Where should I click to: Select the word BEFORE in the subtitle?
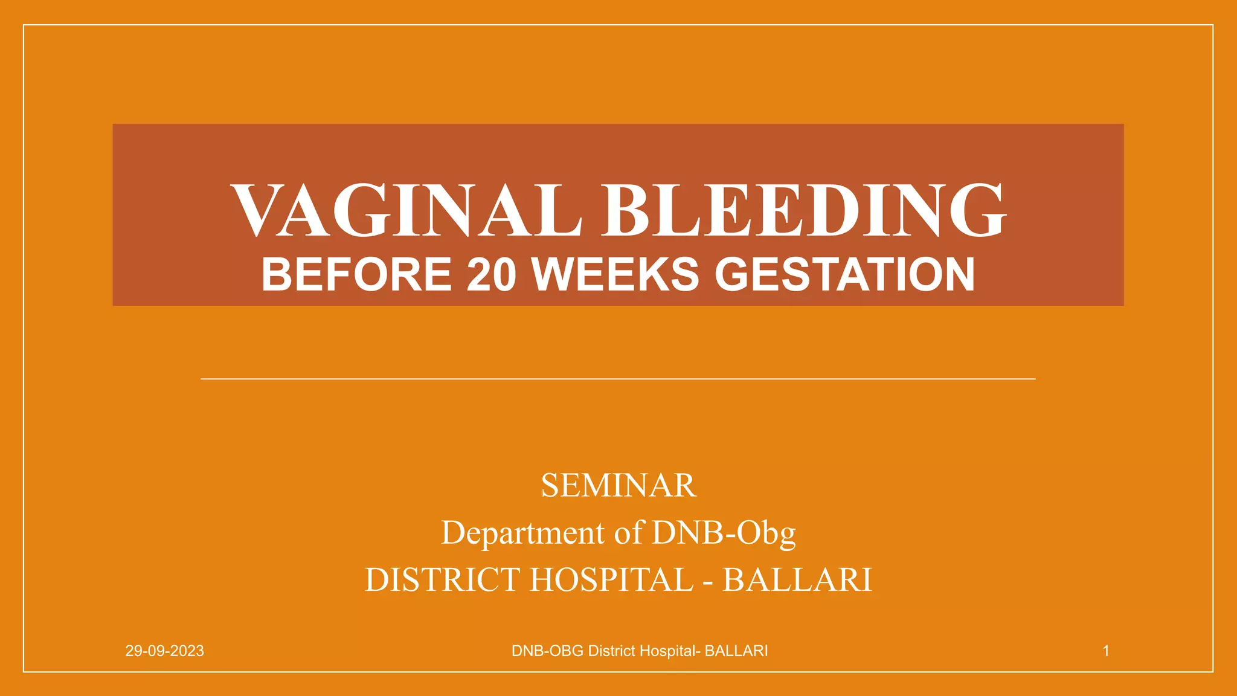tap(356, 275)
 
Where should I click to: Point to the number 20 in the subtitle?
tap(492, 275)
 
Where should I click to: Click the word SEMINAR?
tap(618, 486)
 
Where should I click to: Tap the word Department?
tap(523, 533)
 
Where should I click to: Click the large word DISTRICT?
tap(442, 580)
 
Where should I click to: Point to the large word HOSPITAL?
tap(612, 580)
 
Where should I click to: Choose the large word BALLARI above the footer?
tap(797, 580)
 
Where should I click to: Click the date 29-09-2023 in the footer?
tap(164, 651)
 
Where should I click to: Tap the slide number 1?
tap(1106, 651)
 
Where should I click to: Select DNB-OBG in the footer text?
tap(547, 651)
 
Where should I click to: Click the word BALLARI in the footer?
tap(736, 651)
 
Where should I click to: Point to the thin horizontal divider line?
tap(618, 379)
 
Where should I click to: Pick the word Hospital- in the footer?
tap(670, 651)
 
